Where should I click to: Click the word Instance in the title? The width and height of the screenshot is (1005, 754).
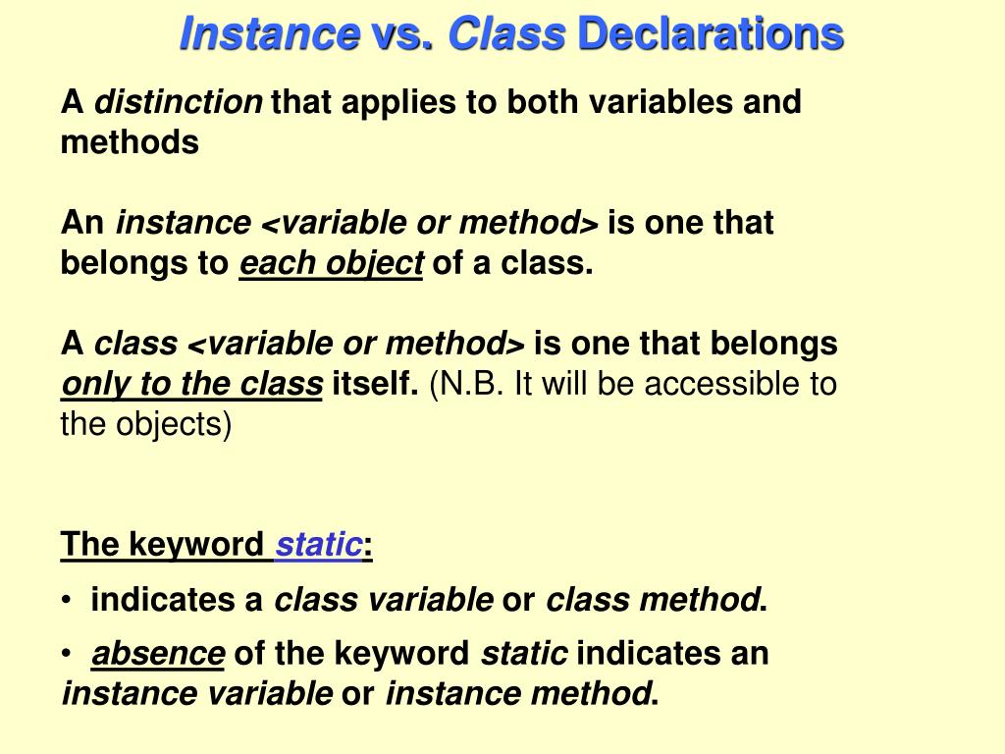[x=268, y=35]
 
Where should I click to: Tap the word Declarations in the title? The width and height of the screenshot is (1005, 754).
[x=711, y=35]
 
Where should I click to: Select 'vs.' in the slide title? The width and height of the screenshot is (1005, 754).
[x=402, y=35]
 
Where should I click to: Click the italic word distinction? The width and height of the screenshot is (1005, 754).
[x=178, y=102]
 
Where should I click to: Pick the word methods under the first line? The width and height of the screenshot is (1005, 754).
[x=130, y=142]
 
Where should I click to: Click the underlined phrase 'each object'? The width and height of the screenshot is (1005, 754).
[x=331, y=264]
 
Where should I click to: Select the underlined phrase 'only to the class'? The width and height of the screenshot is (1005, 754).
[x=191, y=384]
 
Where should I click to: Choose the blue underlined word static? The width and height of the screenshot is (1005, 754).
[x=318, y=545]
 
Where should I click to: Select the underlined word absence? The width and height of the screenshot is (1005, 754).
[x=158, y=654]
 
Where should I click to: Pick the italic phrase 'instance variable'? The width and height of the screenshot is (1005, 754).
[x=197, y=694]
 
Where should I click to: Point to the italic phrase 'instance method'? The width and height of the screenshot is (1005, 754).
[x=517, y=694]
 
